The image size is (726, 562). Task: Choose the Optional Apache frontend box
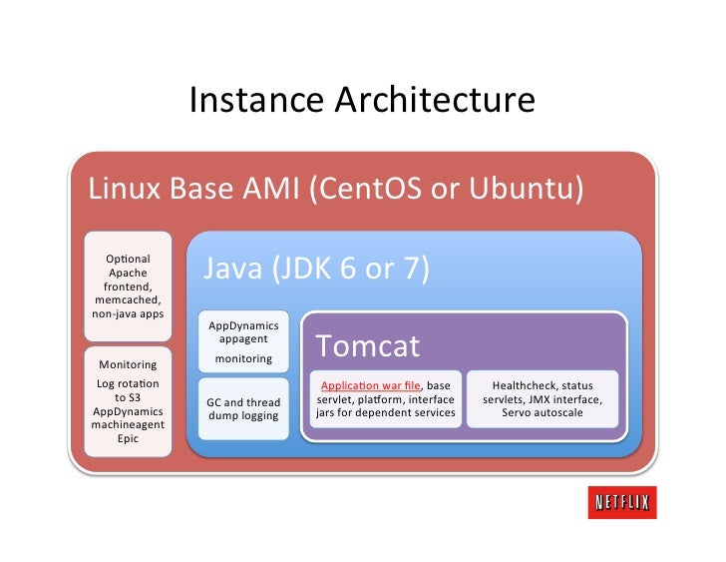[x=128, y=284]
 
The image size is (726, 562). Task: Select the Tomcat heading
[x=368, y=346]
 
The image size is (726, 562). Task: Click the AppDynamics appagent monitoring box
[x=242, y=340]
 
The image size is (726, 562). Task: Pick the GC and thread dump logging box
[x=242, y=408]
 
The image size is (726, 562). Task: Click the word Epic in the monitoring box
[x=128, y=438]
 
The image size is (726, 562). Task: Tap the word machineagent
[x=128, y=424]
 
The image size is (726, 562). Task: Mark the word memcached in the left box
[x=128, y=298]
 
